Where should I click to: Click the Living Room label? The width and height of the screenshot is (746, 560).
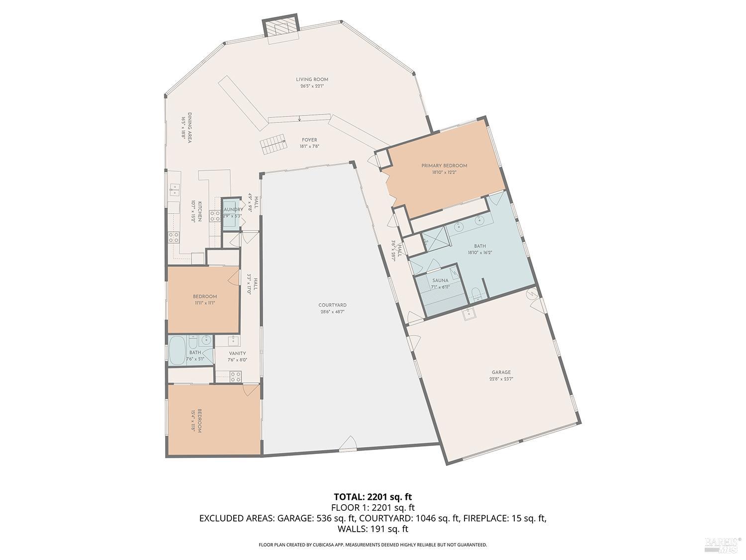tap(312, 80)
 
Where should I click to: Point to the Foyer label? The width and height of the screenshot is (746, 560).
tap(309, 140)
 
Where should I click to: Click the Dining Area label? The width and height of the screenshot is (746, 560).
tap(189, 127)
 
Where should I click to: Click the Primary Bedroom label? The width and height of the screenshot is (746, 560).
tap(444, 166)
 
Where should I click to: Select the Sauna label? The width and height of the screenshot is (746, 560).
tap(440, 281)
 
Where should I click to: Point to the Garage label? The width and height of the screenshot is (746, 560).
tap(501, 372)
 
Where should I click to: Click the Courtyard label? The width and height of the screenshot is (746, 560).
tap(332, 305)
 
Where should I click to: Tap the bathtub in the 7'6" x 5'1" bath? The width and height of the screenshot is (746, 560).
tap(177, 350)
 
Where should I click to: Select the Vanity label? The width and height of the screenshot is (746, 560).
tap(237, 353)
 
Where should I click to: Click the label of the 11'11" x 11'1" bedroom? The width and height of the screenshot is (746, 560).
tap(205, 297)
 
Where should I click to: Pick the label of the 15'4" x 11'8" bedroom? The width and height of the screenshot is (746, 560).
tap(199, 421)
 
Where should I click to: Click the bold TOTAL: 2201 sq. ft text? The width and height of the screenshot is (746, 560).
tap(373, 496)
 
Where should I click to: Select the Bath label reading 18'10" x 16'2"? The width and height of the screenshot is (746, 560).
tap(479, 246)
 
